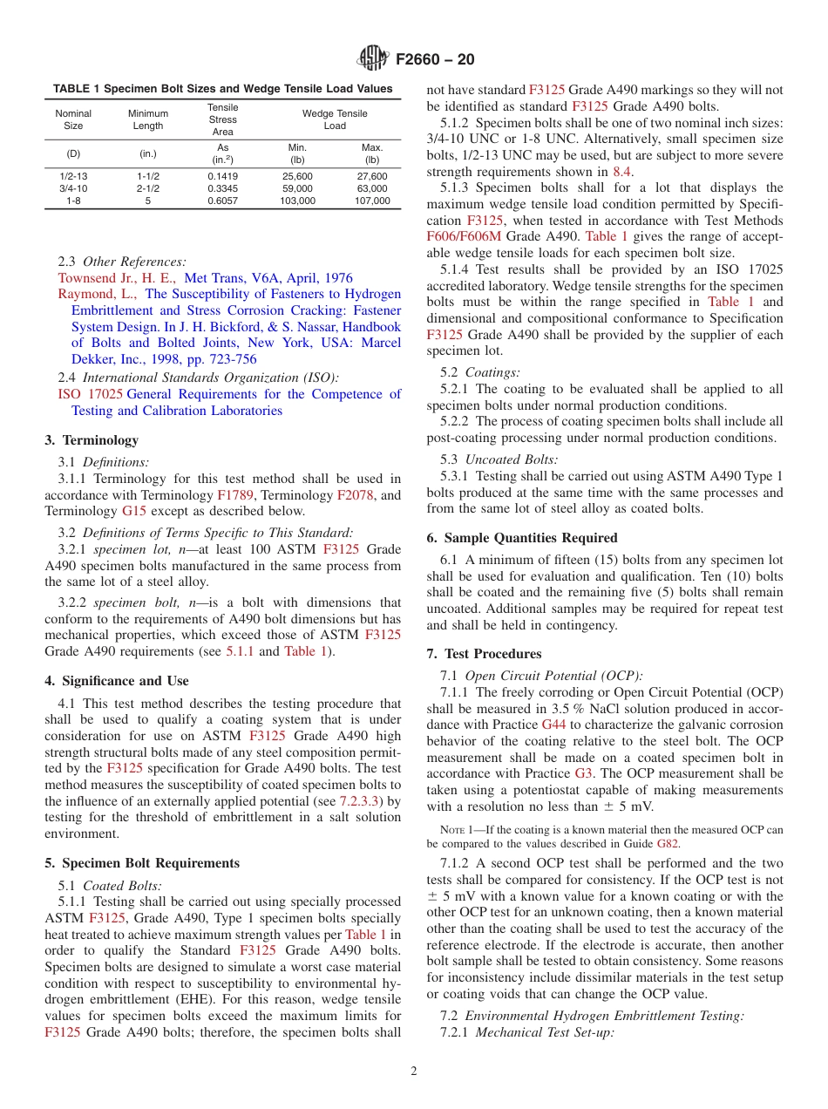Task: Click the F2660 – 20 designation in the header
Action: pos(435,60)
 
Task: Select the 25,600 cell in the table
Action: pos(297,176)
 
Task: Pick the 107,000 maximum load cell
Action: pos(372,201)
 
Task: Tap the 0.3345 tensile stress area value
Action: pos(222,188)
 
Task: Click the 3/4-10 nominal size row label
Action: pos(73,188)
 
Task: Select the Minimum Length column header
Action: pos(147,119)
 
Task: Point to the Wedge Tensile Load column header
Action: pos(335,119)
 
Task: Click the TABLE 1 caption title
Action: pos(222,89)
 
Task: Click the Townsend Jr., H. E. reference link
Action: pos(117,278)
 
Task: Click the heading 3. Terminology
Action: pos(92,440)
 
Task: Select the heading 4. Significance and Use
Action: pos(117,681)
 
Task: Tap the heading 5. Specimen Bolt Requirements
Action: pos(142,863)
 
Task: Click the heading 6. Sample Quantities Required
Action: pos(521,538)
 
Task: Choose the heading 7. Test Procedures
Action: pos(484,654)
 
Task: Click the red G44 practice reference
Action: pos(553,725)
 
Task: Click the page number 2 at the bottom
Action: pos(414,1072)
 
